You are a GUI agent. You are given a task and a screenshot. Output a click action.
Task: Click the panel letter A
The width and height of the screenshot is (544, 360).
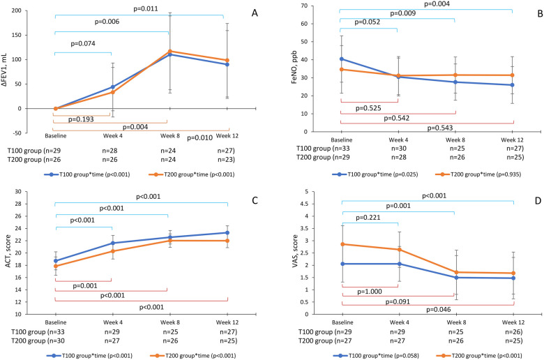coord(255,13)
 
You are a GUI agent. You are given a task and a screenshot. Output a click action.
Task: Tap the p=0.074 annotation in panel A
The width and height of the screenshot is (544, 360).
coord(83,44)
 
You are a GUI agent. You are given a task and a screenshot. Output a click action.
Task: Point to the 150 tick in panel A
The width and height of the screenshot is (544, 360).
coord(16,35)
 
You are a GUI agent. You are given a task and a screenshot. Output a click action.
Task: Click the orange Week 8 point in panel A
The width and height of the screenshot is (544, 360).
coord(170,51)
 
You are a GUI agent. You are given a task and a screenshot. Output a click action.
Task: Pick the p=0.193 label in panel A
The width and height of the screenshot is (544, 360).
coord(81,119)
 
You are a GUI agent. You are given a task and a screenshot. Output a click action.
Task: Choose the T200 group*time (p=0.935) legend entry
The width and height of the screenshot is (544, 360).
coord(478,174)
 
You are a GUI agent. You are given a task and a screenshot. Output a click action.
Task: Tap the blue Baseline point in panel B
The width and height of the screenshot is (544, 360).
coord(342,59)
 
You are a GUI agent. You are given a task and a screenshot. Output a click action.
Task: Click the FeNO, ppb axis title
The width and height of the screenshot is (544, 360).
coord(294,68)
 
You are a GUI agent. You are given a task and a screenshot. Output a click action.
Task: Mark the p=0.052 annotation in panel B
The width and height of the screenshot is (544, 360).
coord(367,22)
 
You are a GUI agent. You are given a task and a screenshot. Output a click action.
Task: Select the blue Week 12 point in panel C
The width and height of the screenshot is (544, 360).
coord(227,232)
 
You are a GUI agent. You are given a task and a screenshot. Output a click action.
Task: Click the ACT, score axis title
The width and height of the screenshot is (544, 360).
coord(8,251)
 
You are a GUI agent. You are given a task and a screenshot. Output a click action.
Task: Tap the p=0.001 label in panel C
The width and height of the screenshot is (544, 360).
coord(85,286)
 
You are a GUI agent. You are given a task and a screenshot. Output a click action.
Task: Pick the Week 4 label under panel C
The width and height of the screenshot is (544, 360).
coord(113,322)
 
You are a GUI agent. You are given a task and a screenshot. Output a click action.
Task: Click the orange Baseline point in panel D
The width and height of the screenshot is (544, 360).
coord(342,244)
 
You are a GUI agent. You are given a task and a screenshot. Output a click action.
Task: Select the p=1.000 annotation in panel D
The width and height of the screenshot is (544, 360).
coord(370,292)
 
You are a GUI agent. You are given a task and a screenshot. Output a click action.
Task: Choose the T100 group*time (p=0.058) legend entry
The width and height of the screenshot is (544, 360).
coord(376,356)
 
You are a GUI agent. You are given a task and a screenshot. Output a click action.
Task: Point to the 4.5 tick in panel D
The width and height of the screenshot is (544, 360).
coord(305,204)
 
